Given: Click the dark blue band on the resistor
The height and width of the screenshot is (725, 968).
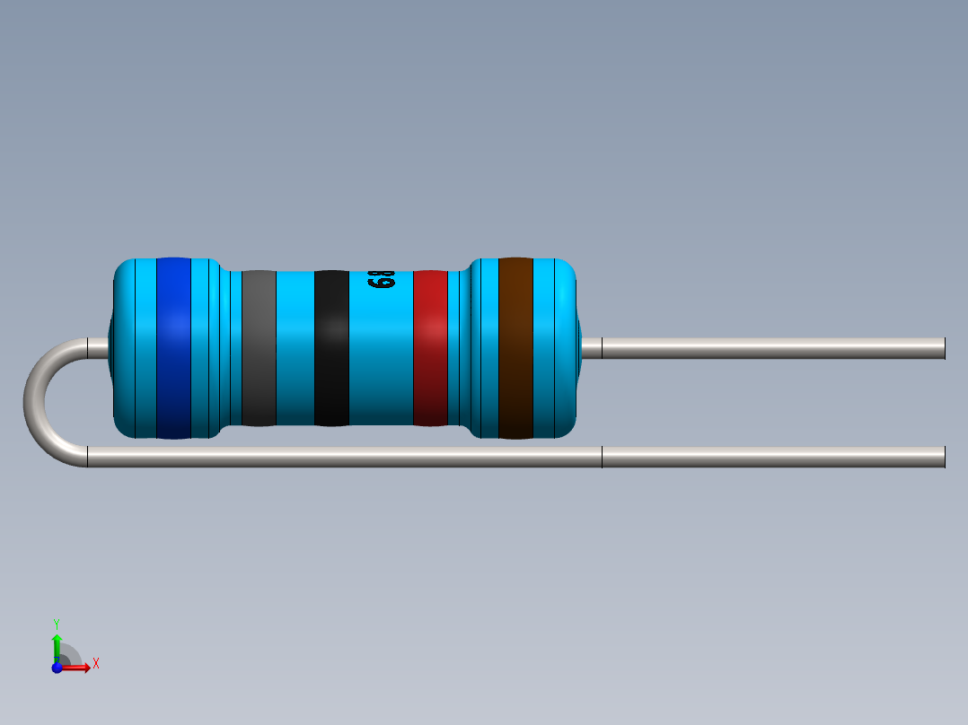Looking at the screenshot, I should click(173, 348).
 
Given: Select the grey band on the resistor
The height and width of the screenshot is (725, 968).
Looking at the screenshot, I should click(259, 348).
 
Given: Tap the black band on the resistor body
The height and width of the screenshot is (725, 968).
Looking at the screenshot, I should click(331, 348).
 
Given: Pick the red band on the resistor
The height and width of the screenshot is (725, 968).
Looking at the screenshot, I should click(430, 348).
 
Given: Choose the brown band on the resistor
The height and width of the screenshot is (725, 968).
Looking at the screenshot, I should click(515, 348).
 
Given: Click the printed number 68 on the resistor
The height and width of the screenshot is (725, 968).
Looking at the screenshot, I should click(382, 280).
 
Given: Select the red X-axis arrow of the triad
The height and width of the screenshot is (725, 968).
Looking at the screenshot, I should click(79, 667).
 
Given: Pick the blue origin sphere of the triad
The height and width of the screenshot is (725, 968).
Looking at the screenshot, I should click(57, 667).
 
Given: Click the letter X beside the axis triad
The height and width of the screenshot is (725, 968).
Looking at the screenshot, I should click(95, 664).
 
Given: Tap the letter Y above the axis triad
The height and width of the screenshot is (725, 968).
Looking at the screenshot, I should click(57, 622).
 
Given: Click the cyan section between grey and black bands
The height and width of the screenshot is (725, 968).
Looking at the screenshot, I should click(295, 348).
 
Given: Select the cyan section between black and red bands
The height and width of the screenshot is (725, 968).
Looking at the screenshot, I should click(381, 359).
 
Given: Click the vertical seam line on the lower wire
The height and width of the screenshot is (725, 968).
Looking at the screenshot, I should click(602, 457).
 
